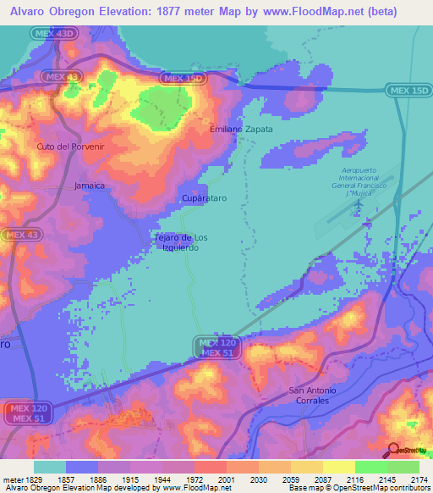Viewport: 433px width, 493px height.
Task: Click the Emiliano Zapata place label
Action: [241, 129]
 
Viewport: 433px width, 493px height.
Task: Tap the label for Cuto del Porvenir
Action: [58, 147]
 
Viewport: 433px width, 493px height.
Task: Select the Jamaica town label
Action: [90, 185]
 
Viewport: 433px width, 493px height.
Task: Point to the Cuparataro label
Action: [204, 197]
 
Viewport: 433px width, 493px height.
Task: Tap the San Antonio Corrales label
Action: [313, 395]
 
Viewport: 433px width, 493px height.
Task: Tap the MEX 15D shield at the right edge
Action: [408, 90]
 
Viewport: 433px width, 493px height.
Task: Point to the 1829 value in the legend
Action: [34, 479]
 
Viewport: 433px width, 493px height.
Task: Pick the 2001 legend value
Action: [226, 479]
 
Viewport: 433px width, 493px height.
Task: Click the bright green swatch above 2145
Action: [370, 467]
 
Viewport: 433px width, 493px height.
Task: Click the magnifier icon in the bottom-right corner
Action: [392, 450]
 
